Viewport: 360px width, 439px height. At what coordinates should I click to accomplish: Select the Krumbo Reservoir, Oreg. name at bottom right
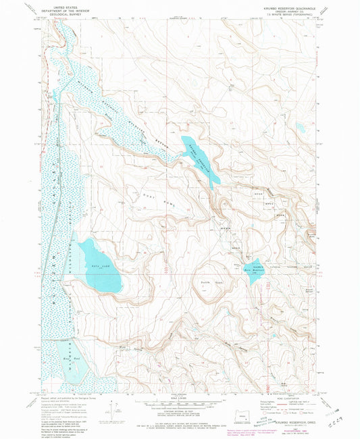click(290, 423)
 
